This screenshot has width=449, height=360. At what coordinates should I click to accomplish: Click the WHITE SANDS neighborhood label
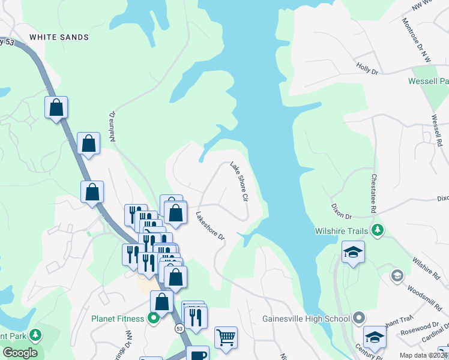click(59, 37)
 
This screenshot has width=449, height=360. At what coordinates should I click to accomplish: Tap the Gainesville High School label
click(306, 318)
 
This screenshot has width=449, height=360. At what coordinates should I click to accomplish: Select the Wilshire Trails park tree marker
click(378, 230)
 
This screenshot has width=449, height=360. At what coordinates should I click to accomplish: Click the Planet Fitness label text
click(118, 319)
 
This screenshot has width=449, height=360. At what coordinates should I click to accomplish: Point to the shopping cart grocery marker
click(226, 337)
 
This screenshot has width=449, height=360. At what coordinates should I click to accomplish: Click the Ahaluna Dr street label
click(112, 126)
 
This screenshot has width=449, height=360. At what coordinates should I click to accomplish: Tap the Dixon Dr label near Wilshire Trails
click(341, 210)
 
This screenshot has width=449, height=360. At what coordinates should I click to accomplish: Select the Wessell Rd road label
click(436, 131)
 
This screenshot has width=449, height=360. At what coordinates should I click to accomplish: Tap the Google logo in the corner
click(20, 353)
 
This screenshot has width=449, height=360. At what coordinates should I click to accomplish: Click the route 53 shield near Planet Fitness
click(179, 329)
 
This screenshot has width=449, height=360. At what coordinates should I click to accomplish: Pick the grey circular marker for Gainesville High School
click(359, 317)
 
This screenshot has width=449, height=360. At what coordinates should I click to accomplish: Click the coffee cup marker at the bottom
click(197, 355)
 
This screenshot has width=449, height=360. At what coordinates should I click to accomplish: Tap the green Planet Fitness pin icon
click(153, 318)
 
